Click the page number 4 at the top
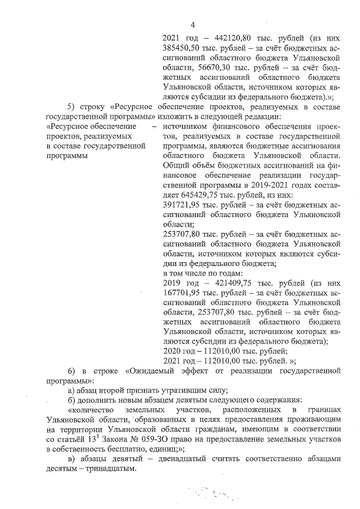click(x=192, y=24)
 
